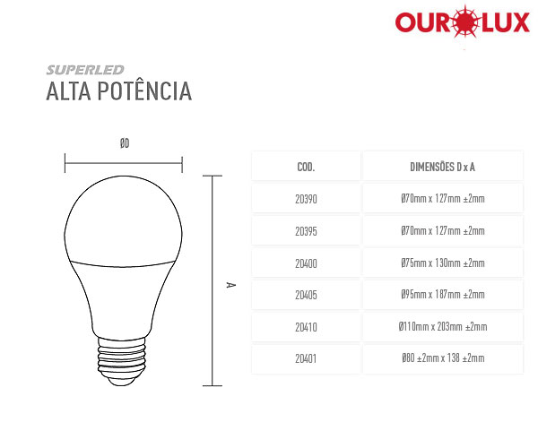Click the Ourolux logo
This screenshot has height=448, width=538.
(x=462, y=22)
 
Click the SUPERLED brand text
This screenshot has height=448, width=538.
(x=85, y=70)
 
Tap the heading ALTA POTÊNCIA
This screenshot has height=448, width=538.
(x=118, y=91)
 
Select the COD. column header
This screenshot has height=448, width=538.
(x=306, y=167)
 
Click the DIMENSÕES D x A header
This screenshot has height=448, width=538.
(x=442, y=167)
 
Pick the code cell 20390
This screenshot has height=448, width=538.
(x=306, y=199)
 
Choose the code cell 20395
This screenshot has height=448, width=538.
(x=306, y=231)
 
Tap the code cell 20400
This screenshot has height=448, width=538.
(x=306, y=263)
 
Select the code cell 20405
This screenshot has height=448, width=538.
(x=306, y=295)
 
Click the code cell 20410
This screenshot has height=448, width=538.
(x=306, y=327)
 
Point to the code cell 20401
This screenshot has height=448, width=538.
(x=306, y=358)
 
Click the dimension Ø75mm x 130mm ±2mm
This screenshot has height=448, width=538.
(x=443, y=263)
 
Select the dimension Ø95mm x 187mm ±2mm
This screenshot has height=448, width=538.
(x=443, y=294)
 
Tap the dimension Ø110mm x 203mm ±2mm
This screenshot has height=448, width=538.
(x=443, y=326)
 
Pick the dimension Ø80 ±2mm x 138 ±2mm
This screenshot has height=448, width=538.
(x=443, y=358)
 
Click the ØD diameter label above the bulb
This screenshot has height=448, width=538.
(x=125, y=143)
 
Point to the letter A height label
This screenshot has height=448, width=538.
(x=230, y=285)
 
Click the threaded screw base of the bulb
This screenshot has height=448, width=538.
(x=122, y=361)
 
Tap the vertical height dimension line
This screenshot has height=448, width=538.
(x=213, y=280)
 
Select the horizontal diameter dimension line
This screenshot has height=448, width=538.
(x=124, y=163)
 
